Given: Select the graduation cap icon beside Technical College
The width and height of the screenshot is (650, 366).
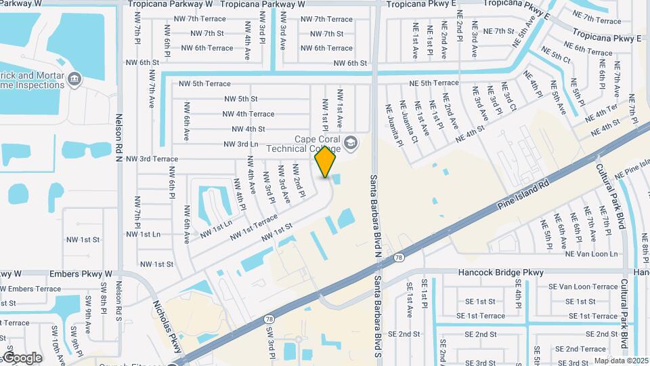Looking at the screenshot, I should point(350,142).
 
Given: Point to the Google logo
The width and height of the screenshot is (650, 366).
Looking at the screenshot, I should point(22,357).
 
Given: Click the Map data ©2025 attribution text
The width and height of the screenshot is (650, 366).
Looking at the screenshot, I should point(621,361).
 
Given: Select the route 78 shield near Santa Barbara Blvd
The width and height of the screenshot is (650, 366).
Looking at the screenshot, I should point(399,258).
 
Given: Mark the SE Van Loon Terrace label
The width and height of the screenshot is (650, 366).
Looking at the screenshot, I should point(584,287).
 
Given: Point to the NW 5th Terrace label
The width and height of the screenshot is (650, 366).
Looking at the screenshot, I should point(204,83).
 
